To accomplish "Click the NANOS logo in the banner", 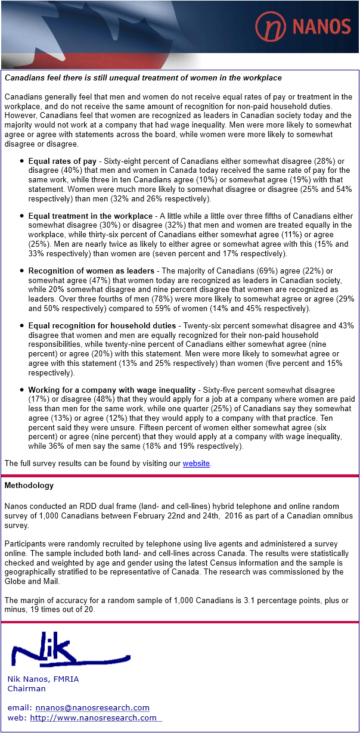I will (303, 26).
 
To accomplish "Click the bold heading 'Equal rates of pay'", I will (62, 161).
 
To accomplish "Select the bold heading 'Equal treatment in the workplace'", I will (90, 216).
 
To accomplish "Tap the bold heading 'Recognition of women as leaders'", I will (91, 271).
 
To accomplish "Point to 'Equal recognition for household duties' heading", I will (102, 325).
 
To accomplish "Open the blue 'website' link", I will (196, 463).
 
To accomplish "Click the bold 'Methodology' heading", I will (29, 486).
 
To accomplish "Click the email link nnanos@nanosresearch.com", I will (92, 707).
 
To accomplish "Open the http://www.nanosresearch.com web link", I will (94, 718).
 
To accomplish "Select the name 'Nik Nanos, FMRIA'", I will (43, 679).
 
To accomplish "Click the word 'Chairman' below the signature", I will (26, 688).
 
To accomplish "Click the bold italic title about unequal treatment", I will (143, 78).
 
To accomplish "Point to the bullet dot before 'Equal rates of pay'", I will (22, 161).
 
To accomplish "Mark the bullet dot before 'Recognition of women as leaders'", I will (22, 271).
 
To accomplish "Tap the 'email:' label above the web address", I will (19, 707).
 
